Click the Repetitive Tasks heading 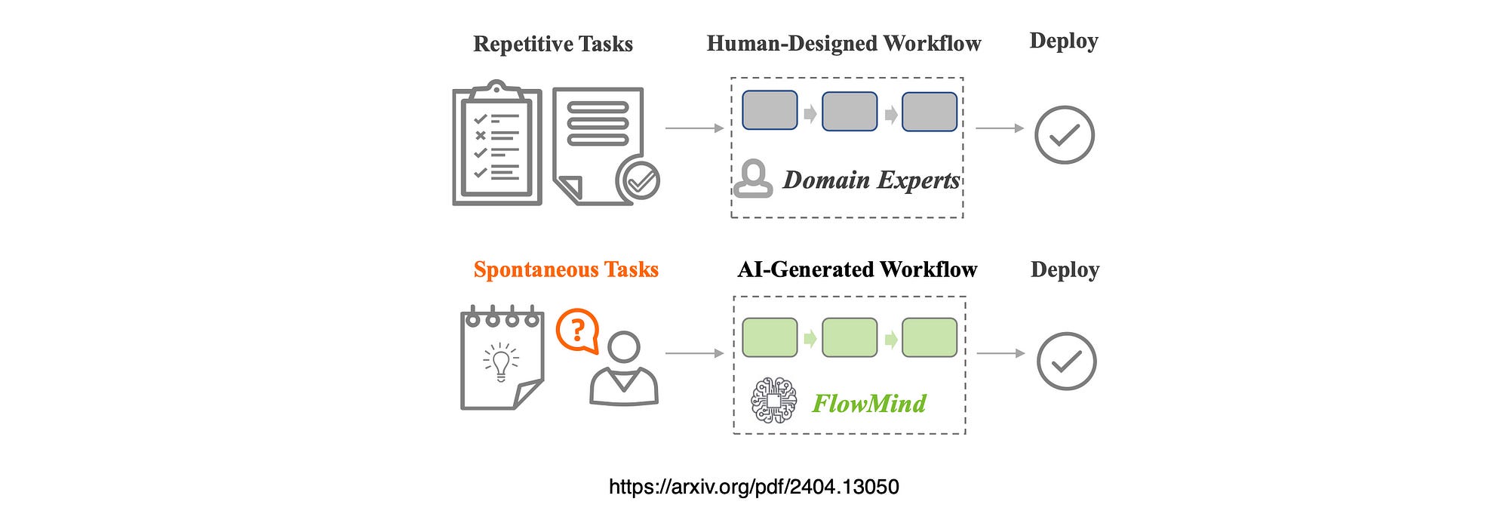[x=553, y=44]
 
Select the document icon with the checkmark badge [x=604, y=146]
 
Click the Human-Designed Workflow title [x=844, y=44]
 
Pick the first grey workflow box [x=770, y=111]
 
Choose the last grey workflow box [x=930, y=112]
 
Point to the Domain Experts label [x=871, y=180]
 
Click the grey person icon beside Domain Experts [x=753, y=179]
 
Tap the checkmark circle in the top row [x=1064, y=135]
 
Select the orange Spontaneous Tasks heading [x=566, y=269]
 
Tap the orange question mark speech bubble [x=578, y=331]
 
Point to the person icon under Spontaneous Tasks [x=624, y=370]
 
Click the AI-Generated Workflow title [x=857, y=269]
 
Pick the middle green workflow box [x=850, y=337]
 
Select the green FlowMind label [x=869, y=404]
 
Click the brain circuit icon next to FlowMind [x=773, y=400]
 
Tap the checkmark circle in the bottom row [x=1066, y=362]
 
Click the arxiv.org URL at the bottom [x=754, y=487]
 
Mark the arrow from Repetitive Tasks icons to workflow [x=694, y=128]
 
